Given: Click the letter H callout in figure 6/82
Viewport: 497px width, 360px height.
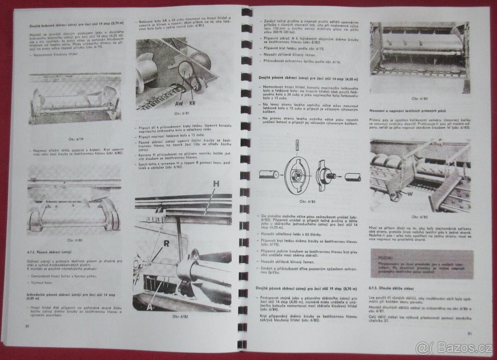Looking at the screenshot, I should (x=215, y=184).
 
